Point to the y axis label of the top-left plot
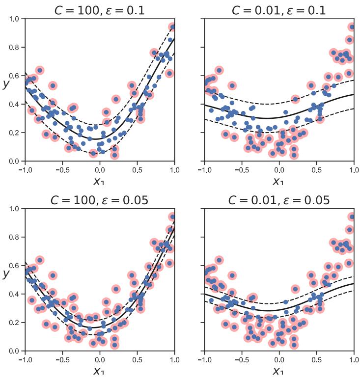click(x=6, y=83)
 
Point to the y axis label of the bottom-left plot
click(x=6, y=273)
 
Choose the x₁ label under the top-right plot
click(x=278, y=181)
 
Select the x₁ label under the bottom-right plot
click(x=278, y=371)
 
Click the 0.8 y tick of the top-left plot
click(x=15, y=48)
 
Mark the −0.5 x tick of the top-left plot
click(x=60, y=169)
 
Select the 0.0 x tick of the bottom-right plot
click(x=278, y=359)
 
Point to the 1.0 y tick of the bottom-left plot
click(x=15, y=209)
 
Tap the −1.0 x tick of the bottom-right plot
click(x=202, y=359)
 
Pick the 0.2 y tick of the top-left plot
click(x=15, y=133)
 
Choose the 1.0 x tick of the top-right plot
click(x=352, y=169)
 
